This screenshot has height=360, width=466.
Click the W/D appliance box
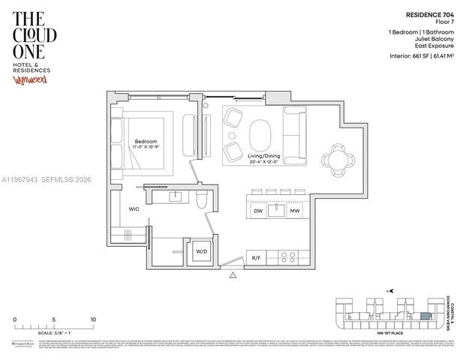coord(201,251)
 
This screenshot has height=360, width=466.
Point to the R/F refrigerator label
coord(257,257)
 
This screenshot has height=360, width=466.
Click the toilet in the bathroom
coord(199,199)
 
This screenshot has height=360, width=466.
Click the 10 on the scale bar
coord(93,319)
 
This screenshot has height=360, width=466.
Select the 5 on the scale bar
coord(54,319)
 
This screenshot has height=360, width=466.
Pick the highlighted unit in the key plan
coord(425,316)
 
